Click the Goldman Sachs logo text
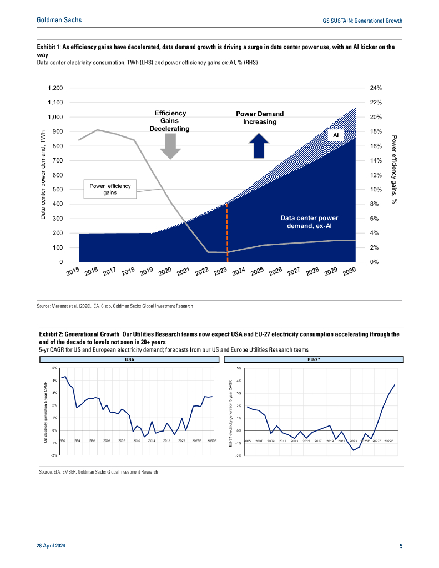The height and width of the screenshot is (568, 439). point(59,20)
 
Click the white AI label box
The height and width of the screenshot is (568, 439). point(336,135)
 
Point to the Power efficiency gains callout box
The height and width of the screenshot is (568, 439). point(110,189)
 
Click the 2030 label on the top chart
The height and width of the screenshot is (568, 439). point(349,273)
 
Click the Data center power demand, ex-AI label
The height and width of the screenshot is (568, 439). point(309,222)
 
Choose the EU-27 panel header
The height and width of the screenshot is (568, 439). point(314,359)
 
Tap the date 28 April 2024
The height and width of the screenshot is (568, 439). point(54,546)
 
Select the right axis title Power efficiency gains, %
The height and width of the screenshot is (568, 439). point(393,170)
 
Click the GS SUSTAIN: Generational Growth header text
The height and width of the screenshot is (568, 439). point(362,21)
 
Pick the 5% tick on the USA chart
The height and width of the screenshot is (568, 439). point(54,368)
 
